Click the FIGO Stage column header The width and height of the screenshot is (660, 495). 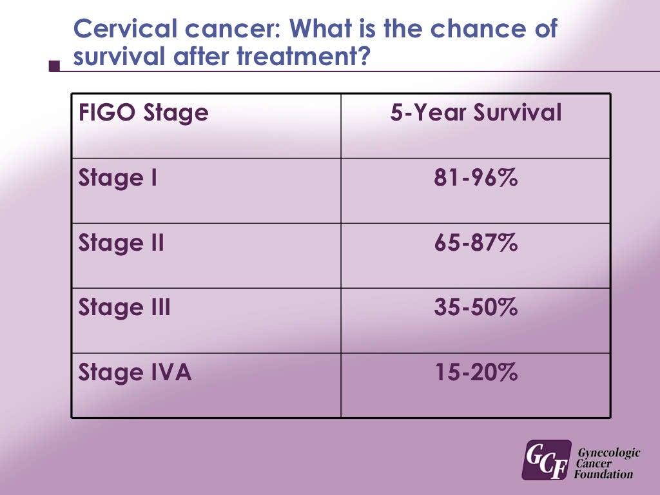143,113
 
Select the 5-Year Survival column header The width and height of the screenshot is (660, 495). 476,113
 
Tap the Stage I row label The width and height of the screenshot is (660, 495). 118,179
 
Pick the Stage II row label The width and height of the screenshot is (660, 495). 121,244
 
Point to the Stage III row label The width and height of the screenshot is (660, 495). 124,308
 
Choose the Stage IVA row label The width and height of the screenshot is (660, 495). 135,373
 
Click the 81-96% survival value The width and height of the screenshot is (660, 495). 476,179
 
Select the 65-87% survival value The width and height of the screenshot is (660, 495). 476,244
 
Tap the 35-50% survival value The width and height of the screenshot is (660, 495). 476,308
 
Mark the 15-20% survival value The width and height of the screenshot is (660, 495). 476,373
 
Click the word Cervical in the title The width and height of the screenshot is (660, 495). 115,29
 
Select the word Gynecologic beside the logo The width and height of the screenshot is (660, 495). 608,453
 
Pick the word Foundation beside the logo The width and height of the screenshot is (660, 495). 605,475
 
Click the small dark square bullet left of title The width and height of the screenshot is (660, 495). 55,66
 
